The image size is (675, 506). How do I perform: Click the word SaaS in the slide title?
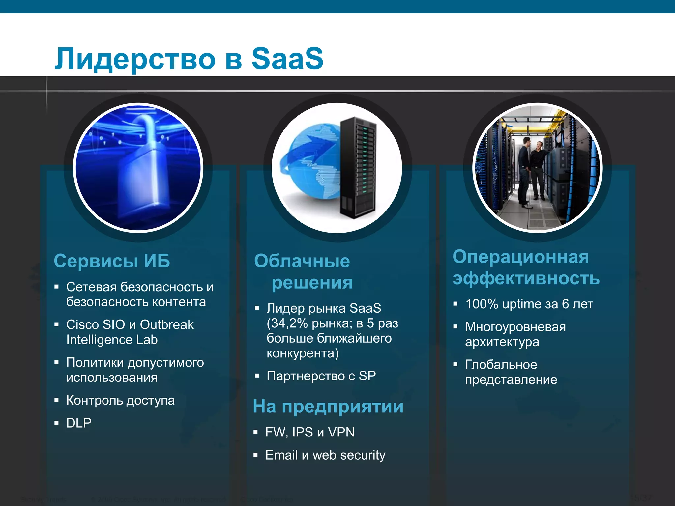[x=287, y=58]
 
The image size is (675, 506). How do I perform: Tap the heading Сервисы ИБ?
[x=112, y=261]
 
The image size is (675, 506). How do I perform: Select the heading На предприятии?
[x=328, y=406]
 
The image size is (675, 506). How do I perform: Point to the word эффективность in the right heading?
[x=526, y=278]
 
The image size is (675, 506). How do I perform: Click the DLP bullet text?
[x=79, y=423]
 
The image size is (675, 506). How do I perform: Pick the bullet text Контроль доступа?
[x=120, y=400]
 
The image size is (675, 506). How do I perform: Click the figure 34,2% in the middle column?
[x=287, y=323]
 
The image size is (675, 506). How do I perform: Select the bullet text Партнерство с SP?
[x=321, y=376]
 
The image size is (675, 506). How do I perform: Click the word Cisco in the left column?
[x=82, y=325]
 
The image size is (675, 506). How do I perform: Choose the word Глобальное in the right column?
[x=501, y=365]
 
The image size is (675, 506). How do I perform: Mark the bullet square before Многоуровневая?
[x=455, y=327]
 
